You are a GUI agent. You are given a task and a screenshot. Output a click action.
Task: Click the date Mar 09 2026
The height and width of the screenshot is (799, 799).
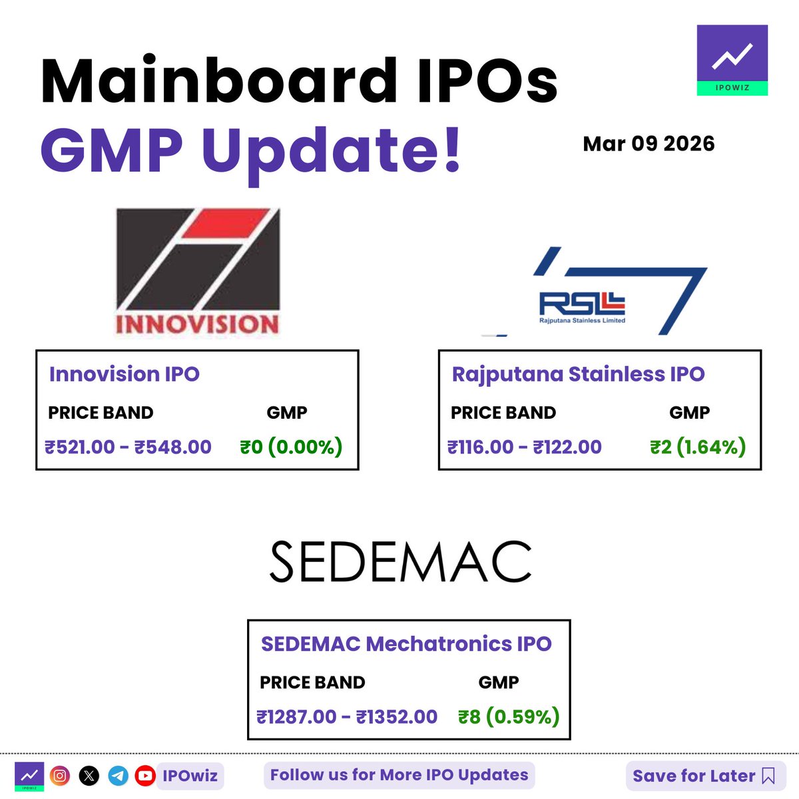point(649,144)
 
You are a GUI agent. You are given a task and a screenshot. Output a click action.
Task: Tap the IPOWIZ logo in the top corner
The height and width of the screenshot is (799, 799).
point(732,60)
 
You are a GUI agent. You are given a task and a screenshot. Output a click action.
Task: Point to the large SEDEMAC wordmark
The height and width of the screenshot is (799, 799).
point(400,562)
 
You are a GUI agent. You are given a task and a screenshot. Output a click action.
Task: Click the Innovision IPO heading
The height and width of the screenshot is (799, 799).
point(125,374)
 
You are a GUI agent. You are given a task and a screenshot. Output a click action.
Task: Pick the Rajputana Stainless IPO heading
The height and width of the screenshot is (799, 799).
point(578,374)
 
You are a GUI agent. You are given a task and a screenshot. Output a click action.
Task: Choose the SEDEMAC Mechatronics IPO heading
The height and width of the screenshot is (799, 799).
point(406,644)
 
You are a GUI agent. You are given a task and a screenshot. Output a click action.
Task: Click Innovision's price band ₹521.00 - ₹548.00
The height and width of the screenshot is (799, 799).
point(128,447)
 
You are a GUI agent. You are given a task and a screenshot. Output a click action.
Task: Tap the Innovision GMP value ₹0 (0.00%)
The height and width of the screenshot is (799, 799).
point(291,447)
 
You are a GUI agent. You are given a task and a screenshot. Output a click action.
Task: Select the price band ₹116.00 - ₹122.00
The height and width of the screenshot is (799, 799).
point(525,447)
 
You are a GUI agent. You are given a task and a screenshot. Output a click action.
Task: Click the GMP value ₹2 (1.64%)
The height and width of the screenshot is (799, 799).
point(698,447)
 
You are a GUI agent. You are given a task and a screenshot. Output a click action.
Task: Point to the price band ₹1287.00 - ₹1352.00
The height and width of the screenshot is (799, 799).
point(347,717)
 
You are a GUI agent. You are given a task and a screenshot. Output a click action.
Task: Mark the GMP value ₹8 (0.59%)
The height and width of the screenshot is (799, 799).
point(509,717)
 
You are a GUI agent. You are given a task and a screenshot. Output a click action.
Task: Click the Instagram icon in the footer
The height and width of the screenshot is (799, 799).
point(60,776)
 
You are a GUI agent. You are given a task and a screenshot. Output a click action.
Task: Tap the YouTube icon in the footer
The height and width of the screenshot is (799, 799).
point(145,776)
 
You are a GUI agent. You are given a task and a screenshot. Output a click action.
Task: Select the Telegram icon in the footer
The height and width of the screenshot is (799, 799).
point(118,776)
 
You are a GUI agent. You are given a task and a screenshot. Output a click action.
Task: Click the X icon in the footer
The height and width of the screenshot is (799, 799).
point(89,776)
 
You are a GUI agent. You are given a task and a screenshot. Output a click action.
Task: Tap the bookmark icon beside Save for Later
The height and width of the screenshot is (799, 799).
point(768,776)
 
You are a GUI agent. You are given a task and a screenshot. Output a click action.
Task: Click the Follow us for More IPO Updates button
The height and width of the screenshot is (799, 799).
point(400,775)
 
